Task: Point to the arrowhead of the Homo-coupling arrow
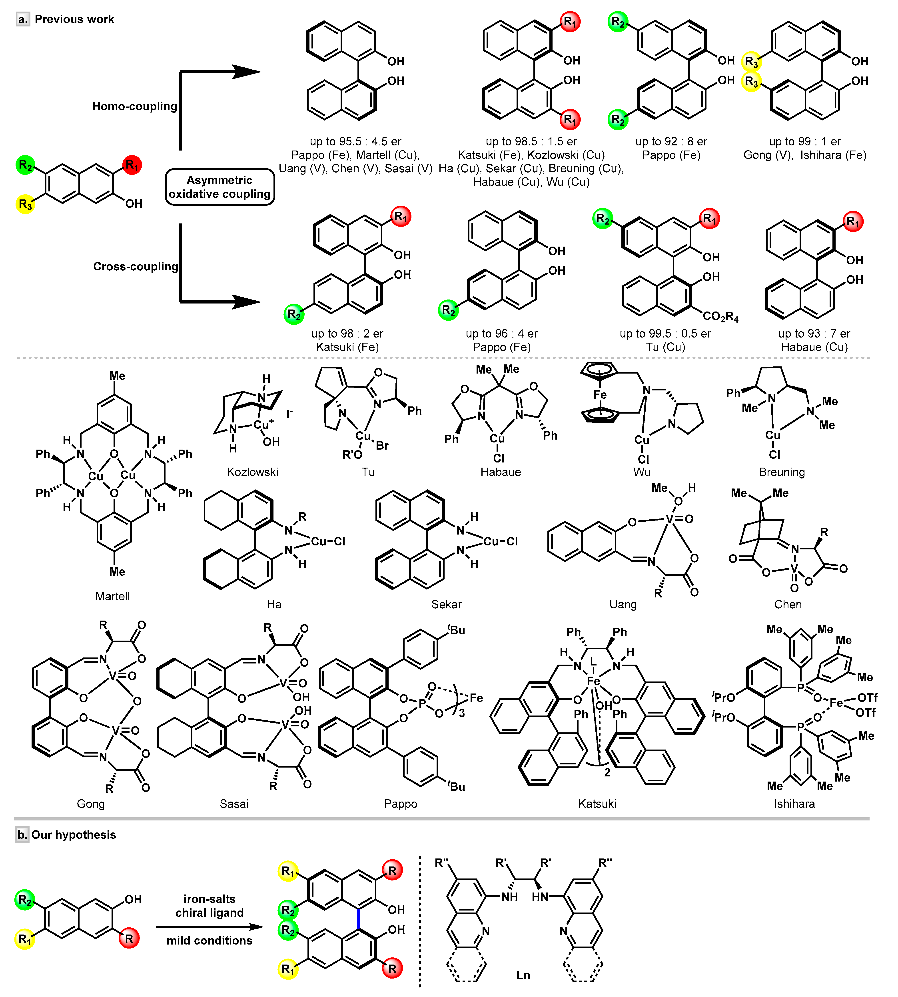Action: tap(247, 72)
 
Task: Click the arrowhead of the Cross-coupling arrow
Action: tap(247, 301)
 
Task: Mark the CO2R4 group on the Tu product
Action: tap(720, 317)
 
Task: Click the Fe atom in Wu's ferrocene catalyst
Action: tap(600, 395)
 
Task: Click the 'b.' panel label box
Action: tap(22, 834)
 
